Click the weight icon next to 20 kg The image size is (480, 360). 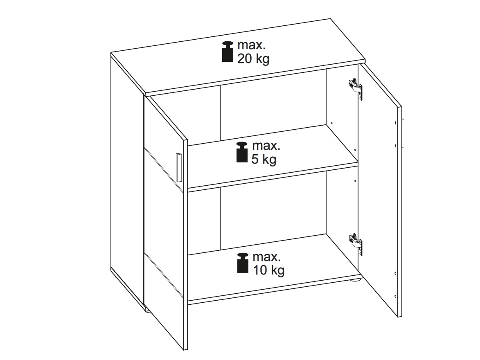click(x=228, y=52)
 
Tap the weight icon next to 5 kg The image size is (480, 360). click(x=242, y=152)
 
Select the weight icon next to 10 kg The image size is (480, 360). click(x=243, y=263)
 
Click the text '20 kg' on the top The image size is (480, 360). click(x=253, y=59)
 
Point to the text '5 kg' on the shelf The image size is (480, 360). click(x=264, y=159)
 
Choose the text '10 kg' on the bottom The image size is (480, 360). click(x=268, y=270)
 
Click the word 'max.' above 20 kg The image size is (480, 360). click(x=251, y=45)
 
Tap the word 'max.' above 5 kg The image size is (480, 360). click(x=266, y=146)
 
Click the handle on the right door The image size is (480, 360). click(x=403, y=133)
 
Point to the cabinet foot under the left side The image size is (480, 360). click(x=147, y=311)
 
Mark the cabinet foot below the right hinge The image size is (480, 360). click(x=355, y=279)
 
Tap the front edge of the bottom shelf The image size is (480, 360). click(x=273, y=288)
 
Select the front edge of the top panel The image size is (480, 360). click(x=255, y=79)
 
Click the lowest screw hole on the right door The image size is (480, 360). click(x=396, y=296)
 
